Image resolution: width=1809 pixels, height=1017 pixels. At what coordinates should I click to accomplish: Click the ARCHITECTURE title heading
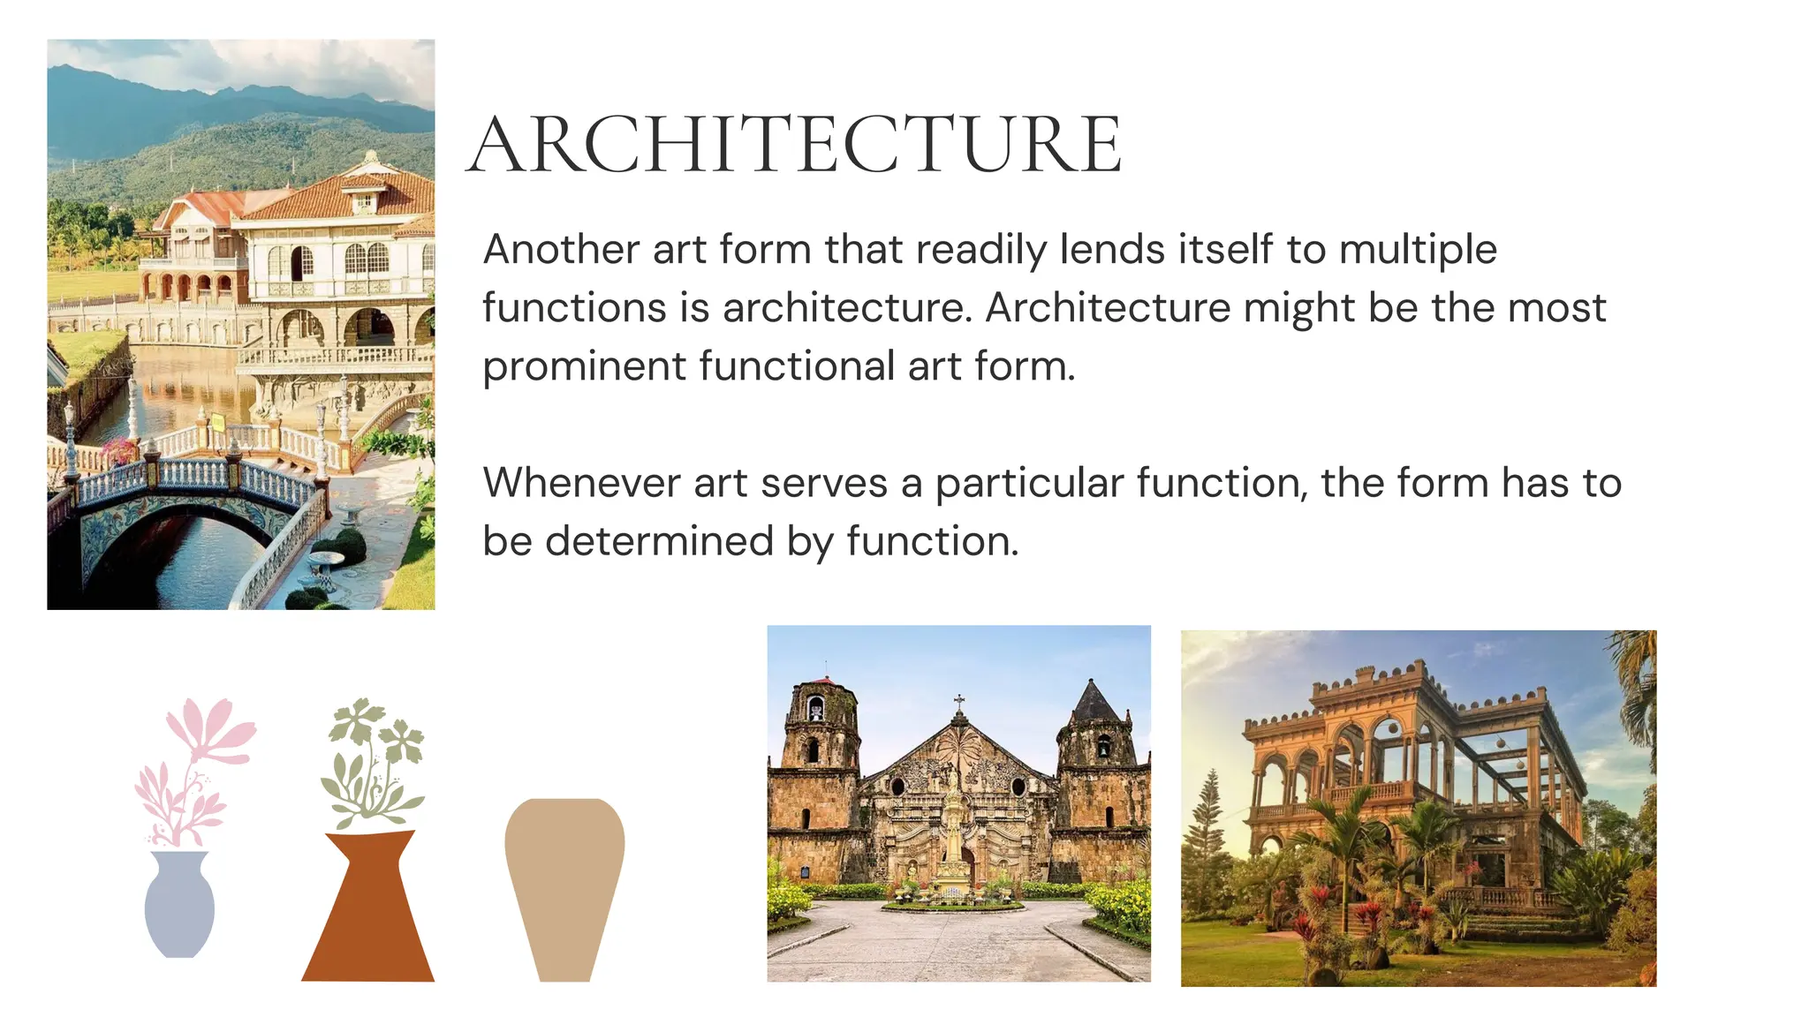[793, 145]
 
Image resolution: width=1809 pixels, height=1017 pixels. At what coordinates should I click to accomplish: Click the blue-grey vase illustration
[179, 904]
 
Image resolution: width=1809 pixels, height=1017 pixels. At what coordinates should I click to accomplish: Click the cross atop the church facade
[958, 704]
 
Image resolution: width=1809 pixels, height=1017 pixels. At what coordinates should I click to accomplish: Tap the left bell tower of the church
[815, 742]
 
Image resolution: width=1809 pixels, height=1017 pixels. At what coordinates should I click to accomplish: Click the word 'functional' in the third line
[796, 367]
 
